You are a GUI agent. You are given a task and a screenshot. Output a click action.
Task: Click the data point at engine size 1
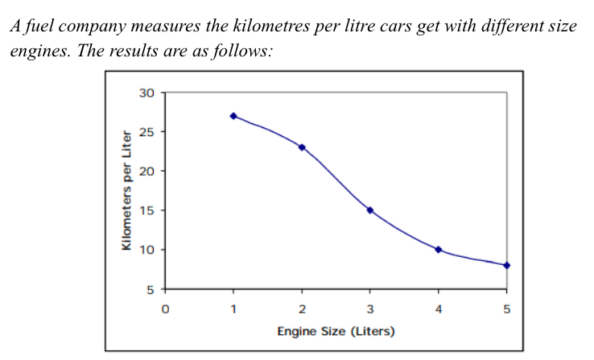click(233, 116)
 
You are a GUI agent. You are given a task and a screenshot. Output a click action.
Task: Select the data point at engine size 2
click(302, 147)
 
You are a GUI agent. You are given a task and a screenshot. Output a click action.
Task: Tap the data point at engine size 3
click(370, 210)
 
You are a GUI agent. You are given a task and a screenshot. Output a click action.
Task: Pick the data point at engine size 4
click(439, 250)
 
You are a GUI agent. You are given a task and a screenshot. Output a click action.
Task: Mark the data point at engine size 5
click(507, 265)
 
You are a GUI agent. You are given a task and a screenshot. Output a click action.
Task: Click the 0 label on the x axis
click(165, 308)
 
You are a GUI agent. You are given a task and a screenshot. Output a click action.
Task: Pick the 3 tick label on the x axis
click(370, 308)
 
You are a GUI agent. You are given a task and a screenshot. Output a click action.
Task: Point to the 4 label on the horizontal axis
click(439, 308)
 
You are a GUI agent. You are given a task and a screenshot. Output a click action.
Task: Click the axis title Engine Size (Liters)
click(336, 331)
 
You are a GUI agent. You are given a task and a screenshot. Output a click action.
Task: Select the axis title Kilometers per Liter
click(126, 191)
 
